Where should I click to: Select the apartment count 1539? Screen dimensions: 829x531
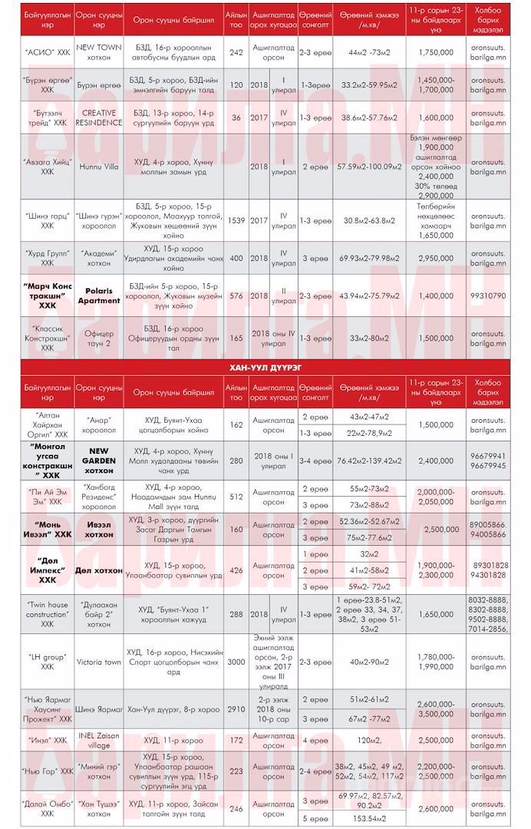tap(236, 220)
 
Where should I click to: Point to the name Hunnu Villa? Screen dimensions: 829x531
tap(98, 167)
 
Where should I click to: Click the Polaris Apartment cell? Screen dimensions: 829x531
tap(98, 295)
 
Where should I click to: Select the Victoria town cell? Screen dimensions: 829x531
tap(98, 662)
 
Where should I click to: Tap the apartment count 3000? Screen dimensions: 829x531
tap(236, 662)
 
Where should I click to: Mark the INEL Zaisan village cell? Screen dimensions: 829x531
tap(98, 740)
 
